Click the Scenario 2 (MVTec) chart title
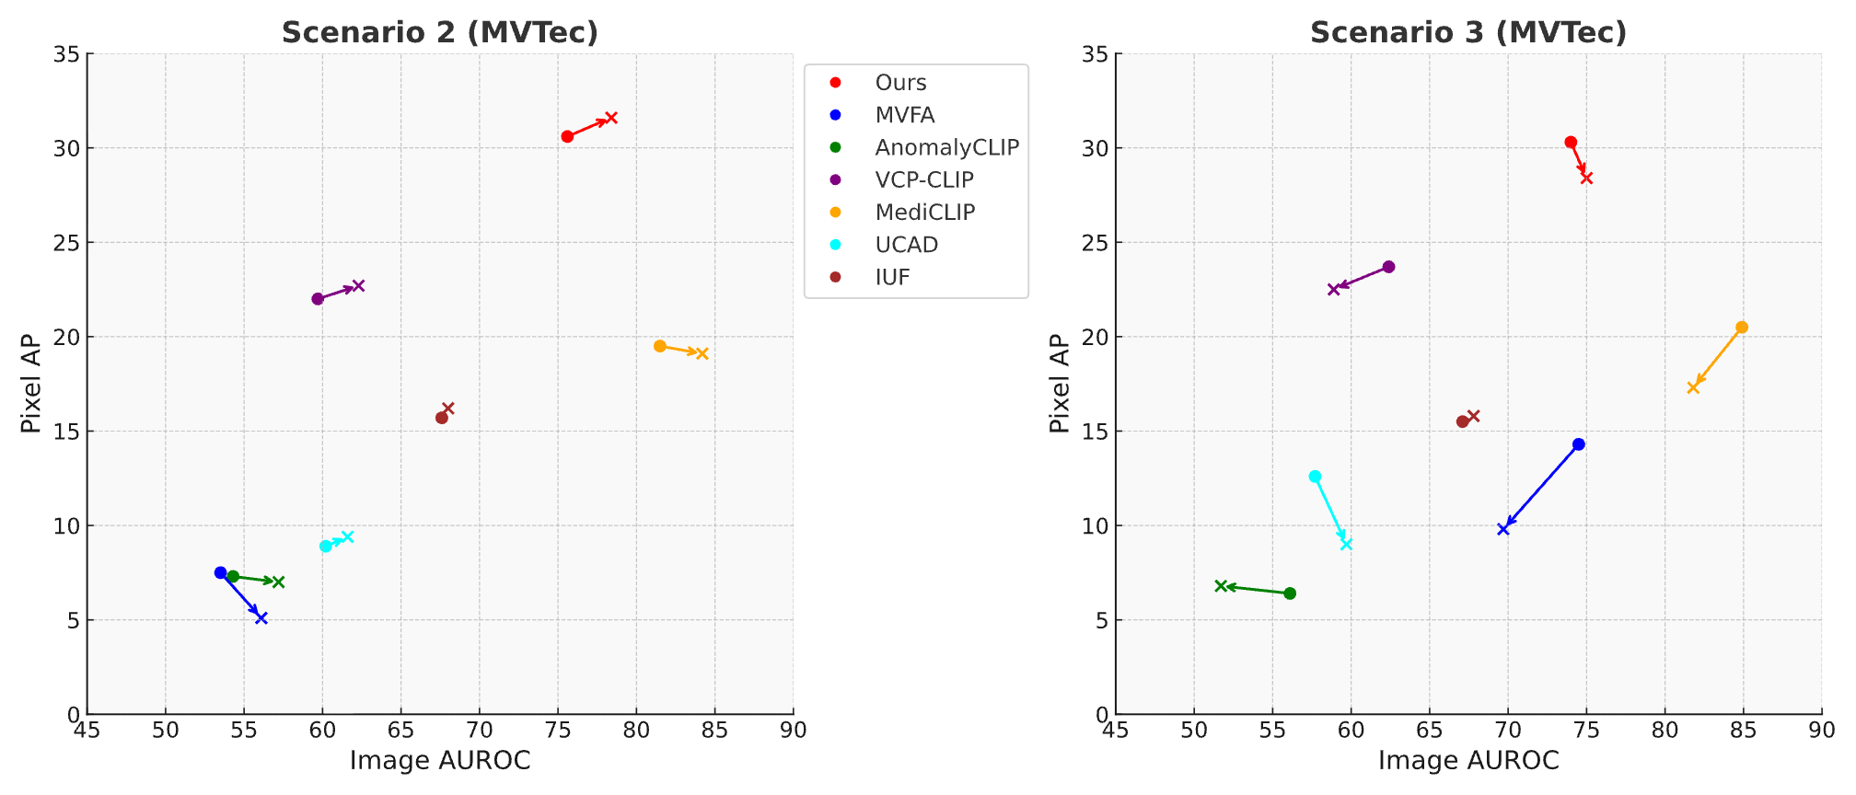pyautogui.click(x=440, y=32)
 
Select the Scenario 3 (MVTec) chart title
pyautogui.click(x=1468, y=32)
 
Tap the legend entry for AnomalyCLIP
pyautogui.click(x=946, y=147)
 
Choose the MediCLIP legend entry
pyautogui.click(x=924, y=213)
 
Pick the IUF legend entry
pyautogui.click(x=892, y=278)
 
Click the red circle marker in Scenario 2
pyautogui.click(x=567, y=136)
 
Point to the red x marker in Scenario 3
pyautogui.click(x=1586, y=178)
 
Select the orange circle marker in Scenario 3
pyautogui.click(x=1742, y=328)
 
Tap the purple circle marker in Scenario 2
pyautogui.click(x=318, y=299)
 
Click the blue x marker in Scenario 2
pyautogui.click(x=261, y=618)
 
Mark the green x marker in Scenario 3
pyautogui.click(x=1221, y=586)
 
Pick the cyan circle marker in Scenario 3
pyautogui.click(x=1315, y=477)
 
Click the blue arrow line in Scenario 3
pyautogui.click(x=1541, y=487)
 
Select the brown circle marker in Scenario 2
pyautogui.click(x=442, y=418)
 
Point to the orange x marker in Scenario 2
pyautogui.click(x=702, y=353)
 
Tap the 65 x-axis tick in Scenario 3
pyautogui.click(x=1429, y=731)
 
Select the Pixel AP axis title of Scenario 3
pyautogui.click(x=1060, y=384)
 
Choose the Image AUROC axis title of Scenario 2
pyautogui.click(x=440, y=761)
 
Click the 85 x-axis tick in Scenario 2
pyautogui.click(x=714, y=731)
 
